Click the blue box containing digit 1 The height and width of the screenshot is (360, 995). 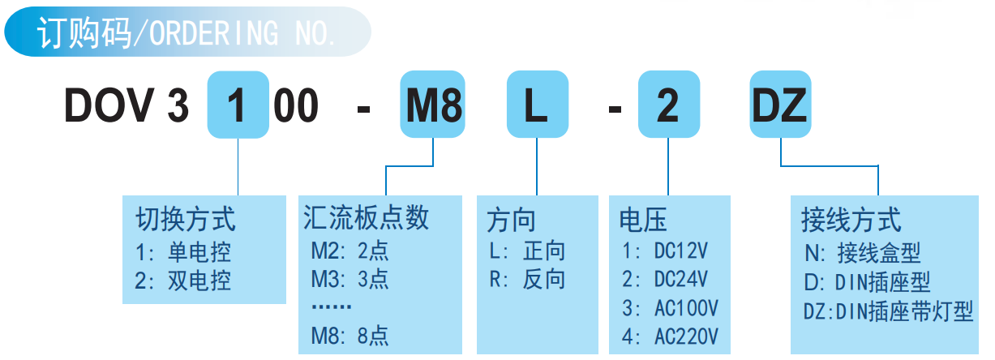click(238, 106)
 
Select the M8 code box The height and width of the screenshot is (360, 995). click(433, 106)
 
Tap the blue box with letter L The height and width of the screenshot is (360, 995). click(536, 106)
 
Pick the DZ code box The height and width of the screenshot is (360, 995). click(779, 106)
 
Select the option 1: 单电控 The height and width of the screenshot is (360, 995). click(183, 251)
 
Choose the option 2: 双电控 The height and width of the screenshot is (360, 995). click(183, 281)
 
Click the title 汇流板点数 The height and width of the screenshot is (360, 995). click(366, 217)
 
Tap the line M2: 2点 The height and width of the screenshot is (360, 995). click(350, 250)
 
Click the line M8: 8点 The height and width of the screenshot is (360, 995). click(350, 334)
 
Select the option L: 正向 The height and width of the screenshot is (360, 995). click(527, 251)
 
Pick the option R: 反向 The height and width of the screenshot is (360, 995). click(527, 280)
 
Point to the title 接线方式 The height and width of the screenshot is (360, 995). click(851, 219)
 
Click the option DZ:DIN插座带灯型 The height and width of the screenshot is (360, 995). click(887, 311)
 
